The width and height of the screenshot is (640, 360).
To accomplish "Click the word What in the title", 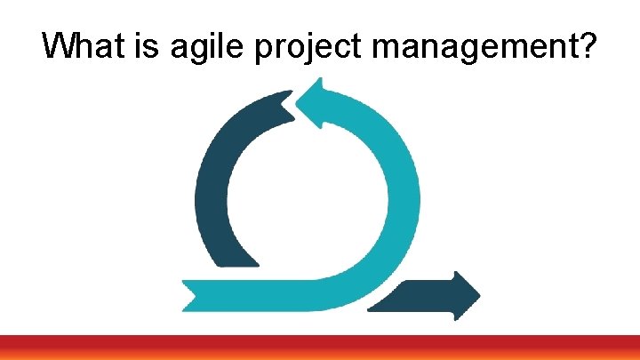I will (x=86, y=46).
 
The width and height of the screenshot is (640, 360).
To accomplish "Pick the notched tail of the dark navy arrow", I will (x=378, y=302).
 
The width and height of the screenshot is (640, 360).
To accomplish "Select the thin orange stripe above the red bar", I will (x=320, y=336).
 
